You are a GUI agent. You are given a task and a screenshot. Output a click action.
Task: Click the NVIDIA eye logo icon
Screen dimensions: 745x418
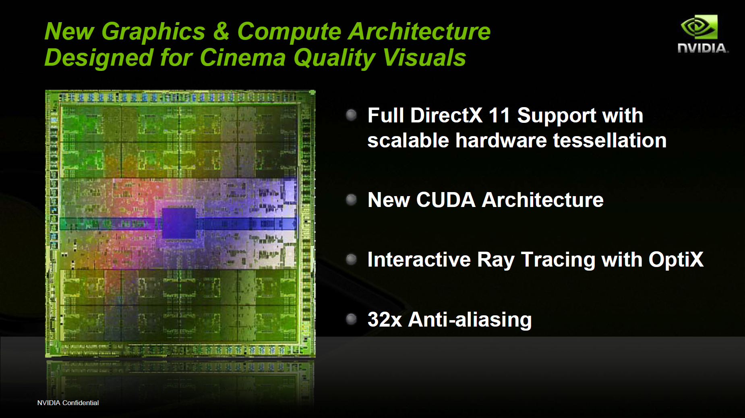point(699,27)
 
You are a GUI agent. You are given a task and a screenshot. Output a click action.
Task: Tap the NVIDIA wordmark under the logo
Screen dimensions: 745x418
point(703,48)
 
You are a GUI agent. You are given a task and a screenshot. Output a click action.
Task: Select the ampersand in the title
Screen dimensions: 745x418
point(221,31)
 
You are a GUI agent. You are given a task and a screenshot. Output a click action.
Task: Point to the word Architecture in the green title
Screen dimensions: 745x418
point(420,31)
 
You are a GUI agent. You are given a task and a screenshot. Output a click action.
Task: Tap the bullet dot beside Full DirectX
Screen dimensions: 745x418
point(352,115)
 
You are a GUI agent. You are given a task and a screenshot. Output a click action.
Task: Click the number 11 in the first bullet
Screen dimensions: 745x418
point(499,116)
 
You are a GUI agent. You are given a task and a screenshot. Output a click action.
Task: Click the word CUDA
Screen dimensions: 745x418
point(446,200)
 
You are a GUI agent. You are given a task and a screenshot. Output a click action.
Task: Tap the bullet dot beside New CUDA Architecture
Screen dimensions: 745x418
point(352,199)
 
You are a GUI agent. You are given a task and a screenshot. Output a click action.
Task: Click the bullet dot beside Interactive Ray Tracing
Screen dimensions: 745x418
point(352,259)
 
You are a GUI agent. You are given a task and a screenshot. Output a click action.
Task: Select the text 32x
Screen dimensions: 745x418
point(385,319)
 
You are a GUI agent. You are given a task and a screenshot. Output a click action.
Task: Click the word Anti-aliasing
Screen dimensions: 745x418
point(470,319)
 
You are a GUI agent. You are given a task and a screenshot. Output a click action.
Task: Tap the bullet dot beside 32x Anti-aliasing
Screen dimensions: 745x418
point(352,319)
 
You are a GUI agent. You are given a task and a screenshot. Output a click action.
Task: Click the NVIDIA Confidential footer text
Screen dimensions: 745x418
point(68,403)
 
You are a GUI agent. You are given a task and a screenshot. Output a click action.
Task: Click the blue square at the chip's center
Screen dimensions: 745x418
point(178,223)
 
